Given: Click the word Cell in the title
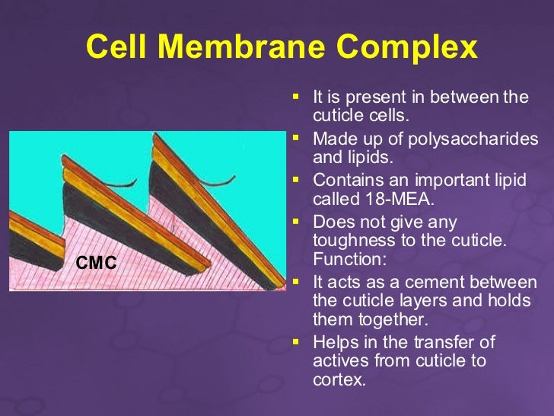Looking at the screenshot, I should coord(115,47).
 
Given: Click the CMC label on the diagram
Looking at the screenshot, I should coord(96,264).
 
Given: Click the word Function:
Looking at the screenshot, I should coord(345,260).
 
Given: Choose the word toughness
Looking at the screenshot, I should coord(349,242).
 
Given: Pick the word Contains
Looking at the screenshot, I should coord(345,181).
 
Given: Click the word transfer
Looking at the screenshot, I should coord(453,342).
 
